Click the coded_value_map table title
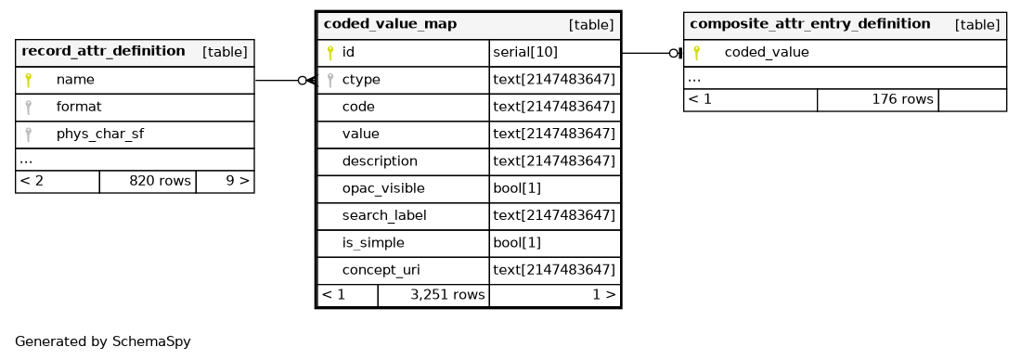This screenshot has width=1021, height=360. coord(390,25)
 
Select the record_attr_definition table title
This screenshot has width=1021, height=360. coord(104,51)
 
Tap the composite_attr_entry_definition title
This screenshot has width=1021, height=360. coord(810,25)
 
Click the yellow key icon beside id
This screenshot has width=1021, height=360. coord(330,53)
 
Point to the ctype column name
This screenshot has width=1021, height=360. coord(361,80)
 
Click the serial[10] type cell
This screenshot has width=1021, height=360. coord(525,53)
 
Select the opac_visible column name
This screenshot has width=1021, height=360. coord(383,188)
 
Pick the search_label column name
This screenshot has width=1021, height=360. coord(384,215)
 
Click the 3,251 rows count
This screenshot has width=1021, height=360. coord(448,295)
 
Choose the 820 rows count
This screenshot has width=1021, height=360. coord(161,181)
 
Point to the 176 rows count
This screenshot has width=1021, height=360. coord(902,99)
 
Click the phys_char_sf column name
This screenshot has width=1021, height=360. coord(100,135)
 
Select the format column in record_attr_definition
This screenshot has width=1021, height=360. coord(79,107)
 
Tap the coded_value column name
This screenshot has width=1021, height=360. coord(767,53)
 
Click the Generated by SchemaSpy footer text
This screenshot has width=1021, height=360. coord(103,341)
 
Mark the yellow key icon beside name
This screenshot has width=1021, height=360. coord(28,80)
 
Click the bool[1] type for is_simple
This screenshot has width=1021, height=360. coord(517,243)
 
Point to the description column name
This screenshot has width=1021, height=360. coord(380,161)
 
